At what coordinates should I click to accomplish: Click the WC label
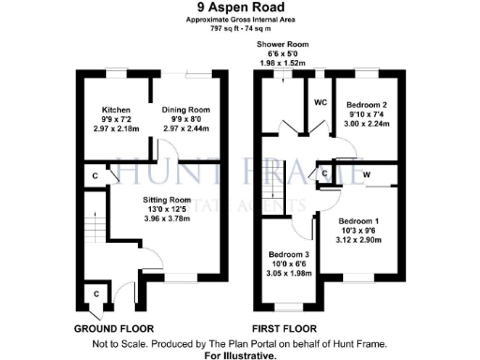point(318,102)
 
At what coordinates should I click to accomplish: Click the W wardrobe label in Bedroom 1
point(367,174)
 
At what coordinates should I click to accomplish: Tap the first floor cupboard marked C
point(324,173)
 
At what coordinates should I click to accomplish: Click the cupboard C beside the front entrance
point(97,294)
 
